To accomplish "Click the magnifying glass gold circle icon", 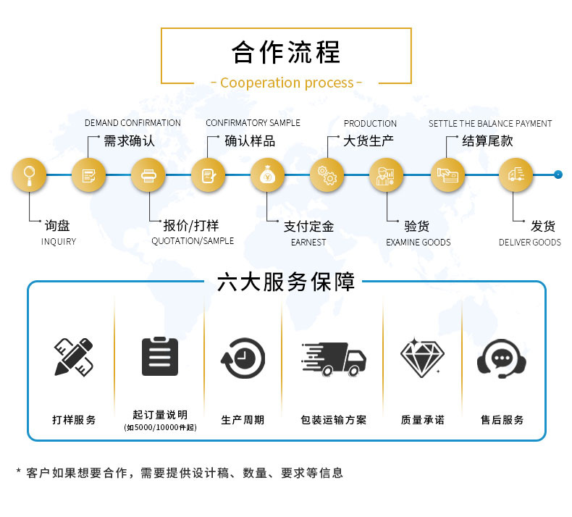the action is point(30,175).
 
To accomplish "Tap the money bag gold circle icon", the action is point(267,175).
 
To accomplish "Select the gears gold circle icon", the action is point(327,175).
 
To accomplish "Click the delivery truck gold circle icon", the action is point(516,175).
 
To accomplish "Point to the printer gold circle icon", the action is point(148,175).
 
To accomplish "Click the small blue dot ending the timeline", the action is point(558,175).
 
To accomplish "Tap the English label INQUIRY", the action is point(59,242).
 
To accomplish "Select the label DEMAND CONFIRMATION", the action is point(133,123).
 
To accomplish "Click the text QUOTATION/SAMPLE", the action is point(193,241).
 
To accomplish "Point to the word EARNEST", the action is point(308,243).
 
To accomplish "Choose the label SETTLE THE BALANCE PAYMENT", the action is point(490,124).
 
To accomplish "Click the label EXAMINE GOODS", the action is point(419,243).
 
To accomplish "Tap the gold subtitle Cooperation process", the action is point(287,83).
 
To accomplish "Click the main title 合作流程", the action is point(287,52).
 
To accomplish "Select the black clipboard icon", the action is point(160,356).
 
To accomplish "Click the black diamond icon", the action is point(422,357).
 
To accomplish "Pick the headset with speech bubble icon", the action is point(502,358).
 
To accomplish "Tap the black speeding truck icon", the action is point(334,359).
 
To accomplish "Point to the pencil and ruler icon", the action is point(74,357).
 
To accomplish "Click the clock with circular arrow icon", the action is point(243,358).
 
